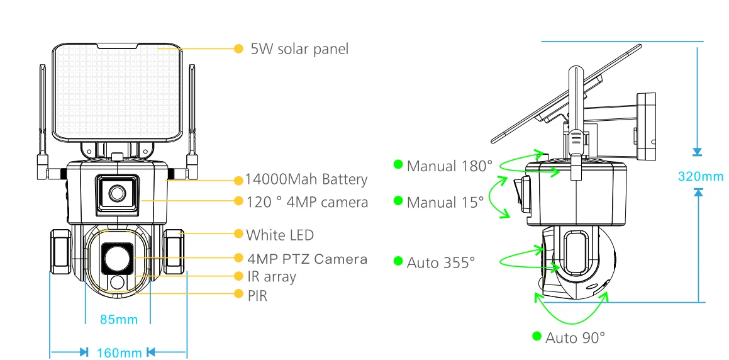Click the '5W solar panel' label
coord(299,49)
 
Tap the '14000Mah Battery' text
coord(306,179)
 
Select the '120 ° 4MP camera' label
coord(308,202)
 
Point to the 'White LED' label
coord(280,235)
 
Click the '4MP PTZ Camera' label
coord(308,259)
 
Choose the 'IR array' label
coord(272,277)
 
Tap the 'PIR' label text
coord(257,295)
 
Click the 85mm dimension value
coord(119,320)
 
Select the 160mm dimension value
coord(119,353)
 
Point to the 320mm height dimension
coord(701,177)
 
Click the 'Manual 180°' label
coord(449,166)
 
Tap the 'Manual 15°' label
coord(445,202)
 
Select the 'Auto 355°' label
coord(441,263)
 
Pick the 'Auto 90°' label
coord(575,337)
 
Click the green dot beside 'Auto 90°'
coord(537,336)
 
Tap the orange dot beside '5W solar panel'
coord(238,48)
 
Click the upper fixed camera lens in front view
coord(117,193)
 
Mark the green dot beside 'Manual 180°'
coord(398,164)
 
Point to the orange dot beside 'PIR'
coord(238,293)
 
